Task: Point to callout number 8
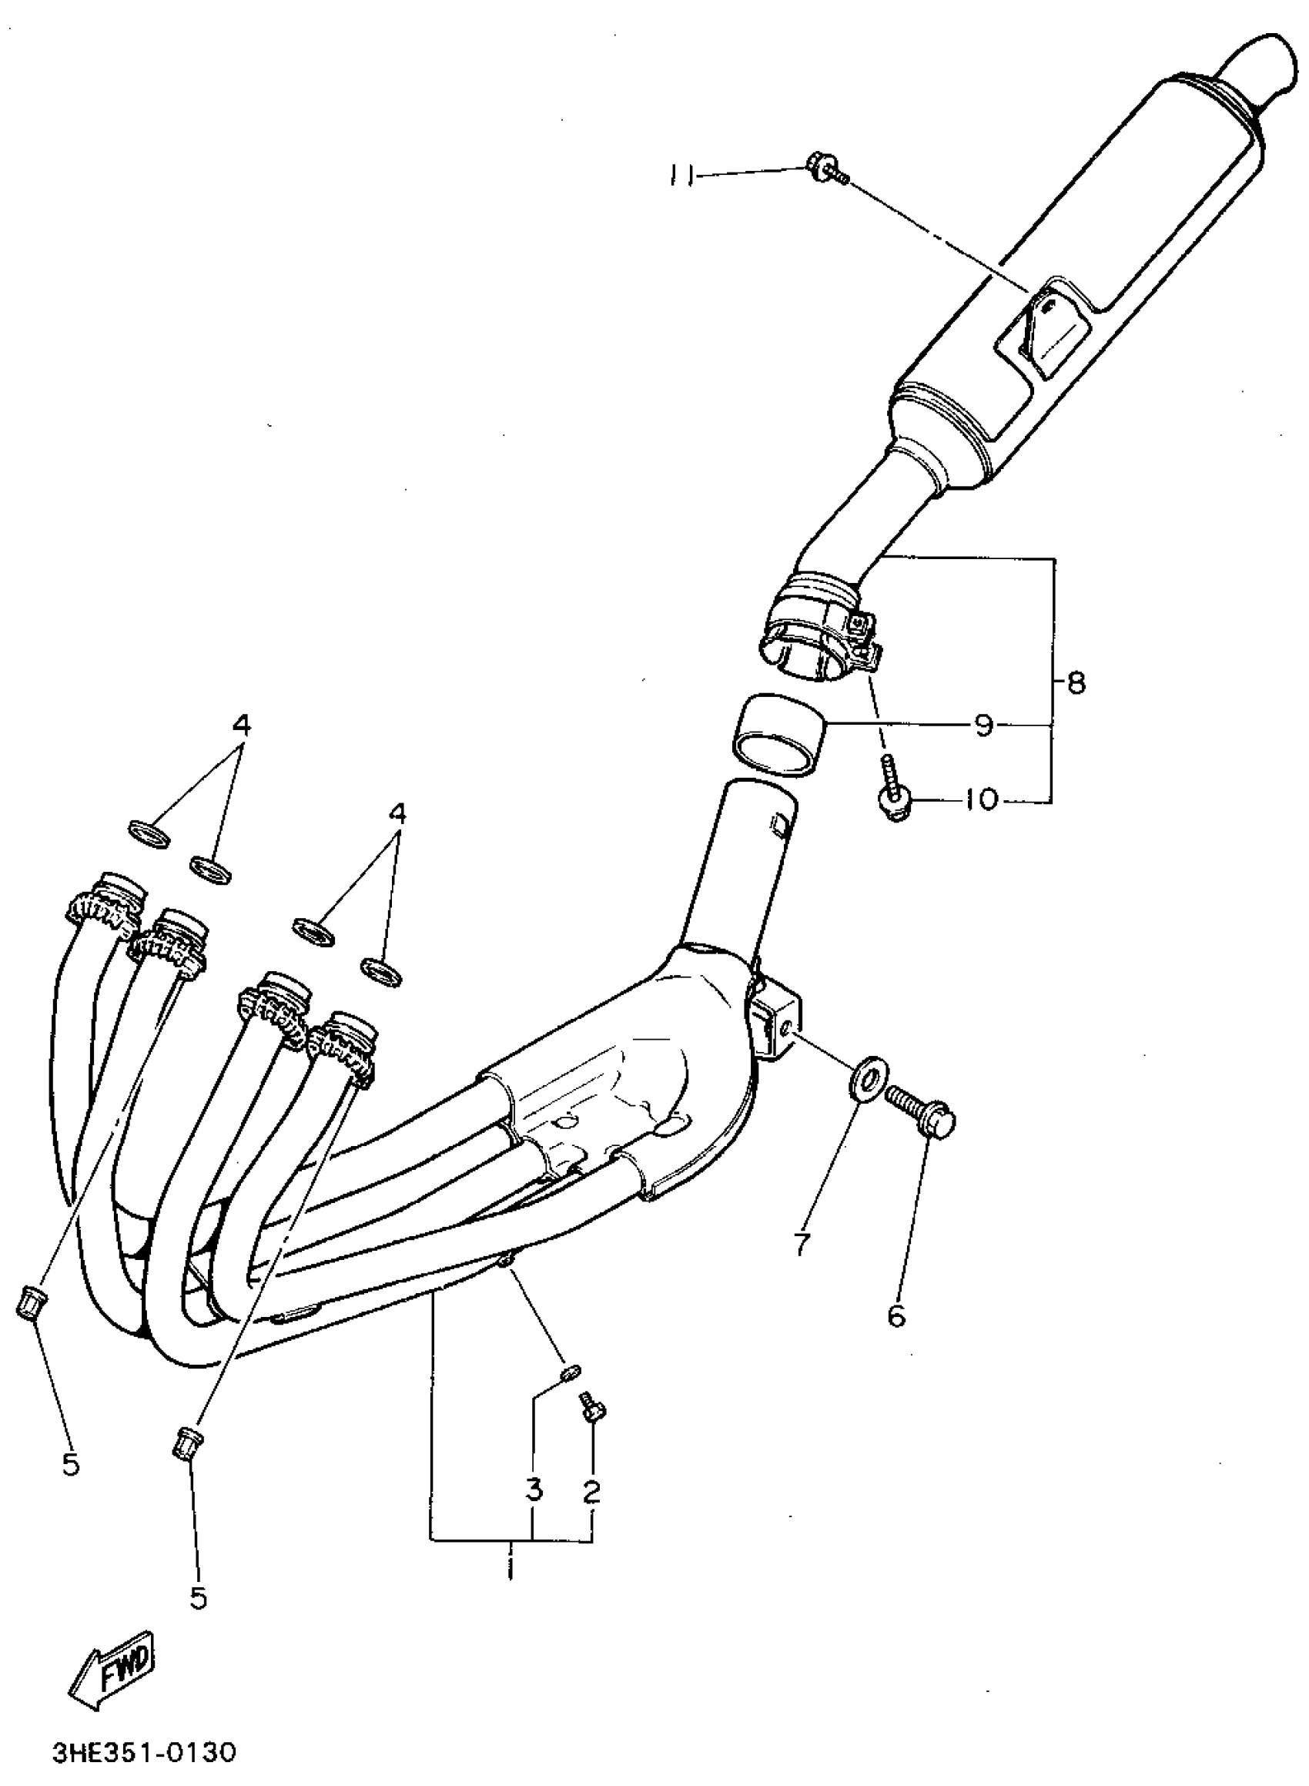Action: (x=1075, y=682)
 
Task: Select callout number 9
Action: (x=983, y=725)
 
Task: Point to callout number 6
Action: (x=896, y=1316)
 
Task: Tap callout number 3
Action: (x=534, y=1489)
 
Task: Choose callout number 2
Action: (x=592, y=1490)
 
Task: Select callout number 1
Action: (x=511, y=1567)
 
